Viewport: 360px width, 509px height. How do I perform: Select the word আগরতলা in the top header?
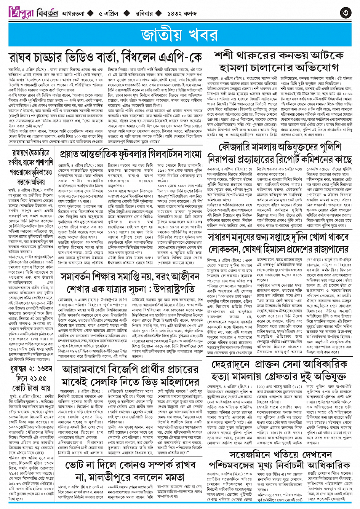tap(72, 13)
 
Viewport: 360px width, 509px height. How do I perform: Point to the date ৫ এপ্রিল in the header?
tap(109, 13)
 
